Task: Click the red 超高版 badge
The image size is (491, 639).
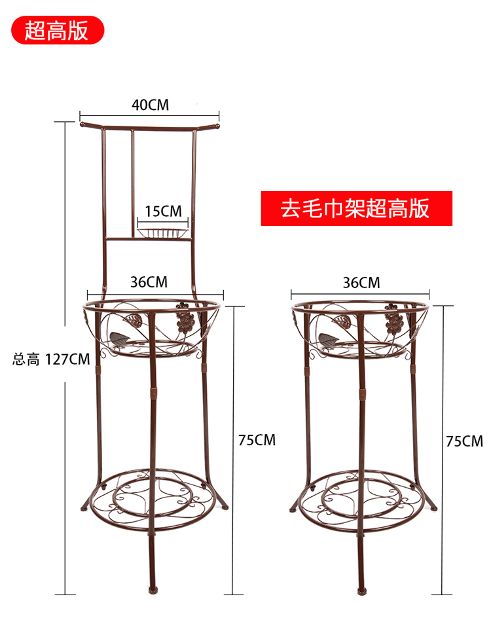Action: click(x=58, y=30)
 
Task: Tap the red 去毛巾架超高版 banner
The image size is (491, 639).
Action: click(x=357, y=208)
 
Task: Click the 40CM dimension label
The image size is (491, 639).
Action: click(x=150, y=105)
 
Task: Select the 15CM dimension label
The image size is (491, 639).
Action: click(x=163, y=211)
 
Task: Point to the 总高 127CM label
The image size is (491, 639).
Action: click(x=51, y=359)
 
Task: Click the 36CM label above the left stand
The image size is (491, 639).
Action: click(x=149, y=282)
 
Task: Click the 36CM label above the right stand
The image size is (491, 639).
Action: click(x=361, y=282)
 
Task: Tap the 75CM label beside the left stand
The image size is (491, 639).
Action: click(x=257, y=440)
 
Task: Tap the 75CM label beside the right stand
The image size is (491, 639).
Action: click(x=464, y=441)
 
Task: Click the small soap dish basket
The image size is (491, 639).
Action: click(x=163, y=232)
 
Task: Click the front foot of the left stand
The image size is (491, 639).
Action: click(x=153, y=590)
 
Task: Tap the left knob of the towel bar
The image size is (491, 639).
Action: click(x=82, y=124)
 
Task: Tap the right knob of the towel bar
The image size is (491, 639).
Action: click(x=217, y=126)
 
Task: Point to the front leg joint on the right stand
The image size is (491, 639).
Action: click(x=362, y=393)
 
